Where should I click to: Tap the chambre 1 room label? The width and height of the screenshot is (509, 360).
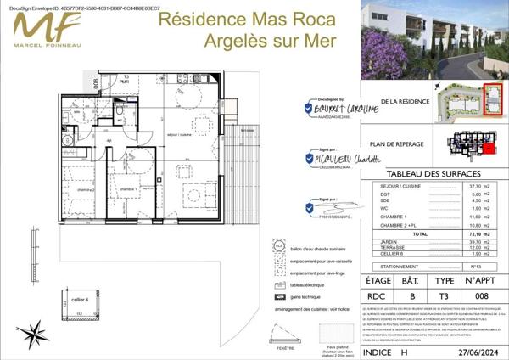[128, 189]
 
